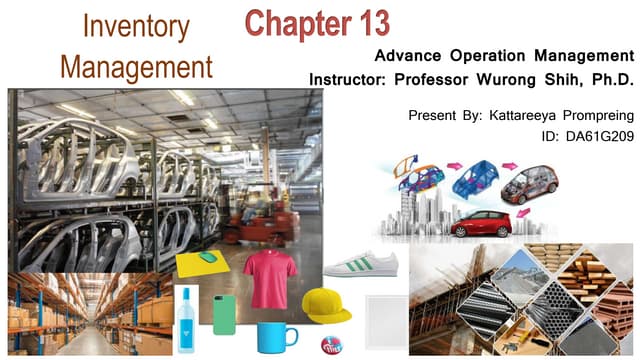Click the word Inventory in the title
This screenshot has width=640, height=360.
(x=136, y=27)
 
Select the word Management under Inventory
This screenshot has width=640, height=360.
(x=136, y=66)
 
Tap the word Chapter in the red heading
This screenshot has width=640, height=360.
(x=290, y=22)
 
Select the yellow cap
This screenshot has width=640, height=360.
(x=325, y=304)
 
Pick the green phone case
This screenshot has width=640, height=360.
(x=225, y=314)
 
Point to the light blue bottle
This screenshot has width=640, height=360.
(x=186, y=320)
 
